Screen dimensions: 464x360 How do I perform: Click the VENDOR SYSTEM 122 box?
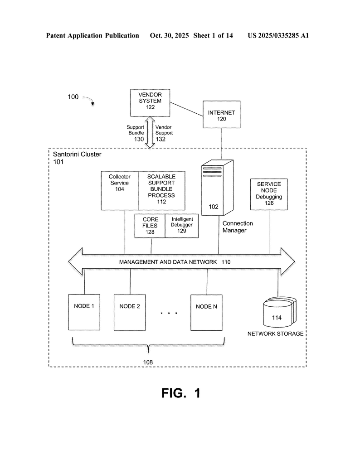150,101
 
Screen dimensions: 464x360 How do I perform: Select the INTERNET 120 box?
221,116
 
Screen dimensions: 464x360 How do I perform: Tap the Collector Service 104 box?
120,190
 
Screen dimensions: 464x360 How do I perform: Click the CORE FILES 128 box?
150,226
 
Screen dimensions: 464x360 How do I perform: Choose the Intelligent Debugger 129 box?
182,226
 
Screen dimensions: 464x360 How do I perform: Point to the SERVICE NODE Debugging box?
269,194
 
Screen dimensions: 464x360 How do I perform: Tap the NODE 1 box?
84,312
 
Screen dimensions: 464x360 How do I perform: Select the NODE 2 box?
130,312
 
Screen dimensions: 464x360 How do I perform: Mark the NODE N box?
207,312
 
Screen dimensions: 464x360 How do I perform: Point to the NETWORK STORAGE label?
275,334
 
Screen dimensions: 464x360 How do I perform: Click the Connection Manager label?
238,227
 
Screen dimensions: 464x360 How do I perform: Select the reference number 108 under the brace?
148,362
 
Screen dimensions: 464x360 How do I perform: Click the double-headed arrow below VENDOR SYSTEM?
150,131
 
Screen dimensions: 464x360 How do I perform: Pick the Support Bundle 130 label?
136,133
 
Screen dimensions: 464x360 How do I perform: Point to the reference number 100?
73,97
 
